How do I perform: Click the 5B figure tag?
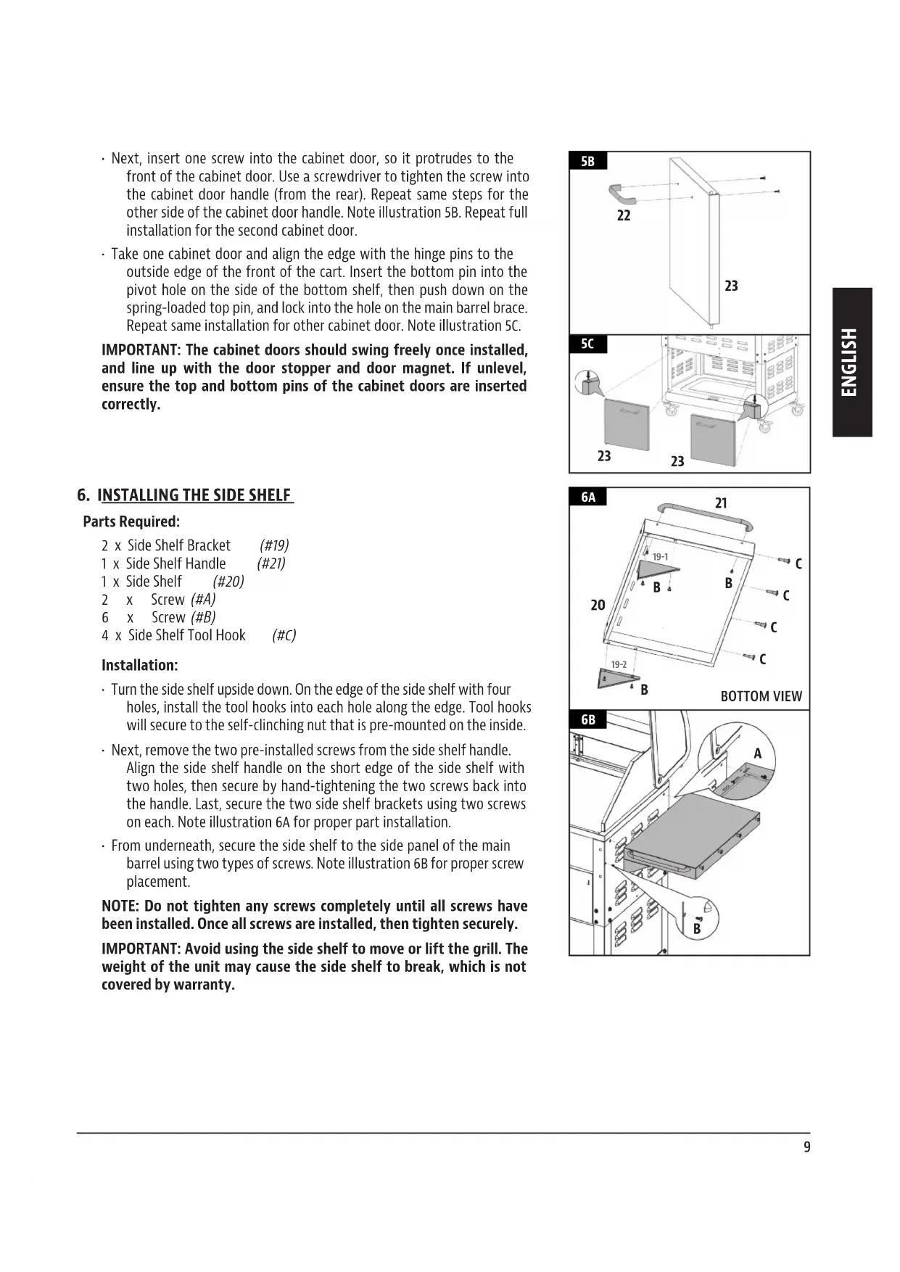tap(587, 161)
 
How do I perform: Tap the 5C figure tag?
tap(587, 344)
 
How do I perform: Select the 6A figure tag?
tap(588, 497)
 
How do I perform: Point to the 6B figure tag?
tap(588, 719)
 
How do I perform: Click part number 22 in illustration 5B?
tap(624, 215)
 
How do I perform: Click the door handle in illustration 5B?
tap(622, 194)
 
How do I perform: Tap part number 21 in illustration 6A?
tap(721, 503)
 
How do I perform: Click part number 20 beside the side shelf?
tap(598, 605)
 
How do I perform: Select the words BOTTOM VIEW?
tap(761, 696)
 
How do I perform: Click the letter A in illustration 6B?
tap(758, 753)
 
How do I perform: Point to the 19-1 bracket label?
tap(660, 557)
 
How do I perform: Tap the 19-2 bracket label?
tap(619, 664)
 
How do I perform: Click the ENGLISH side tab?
tap(851, 362)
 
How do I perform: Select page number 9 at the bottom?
tap(807, 1147)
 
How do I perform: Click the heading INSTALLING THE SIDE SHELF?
tap(195, 495)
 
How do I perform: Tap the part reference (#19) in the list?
tap(274, 545)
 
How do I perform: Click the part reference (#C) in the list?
tap(284, 635)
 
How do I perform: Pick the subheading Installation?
tap(139, 665)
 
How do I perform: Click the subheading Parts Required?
tap(131, 521)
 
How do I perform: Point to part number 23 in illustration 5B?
tap(731, 286)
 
